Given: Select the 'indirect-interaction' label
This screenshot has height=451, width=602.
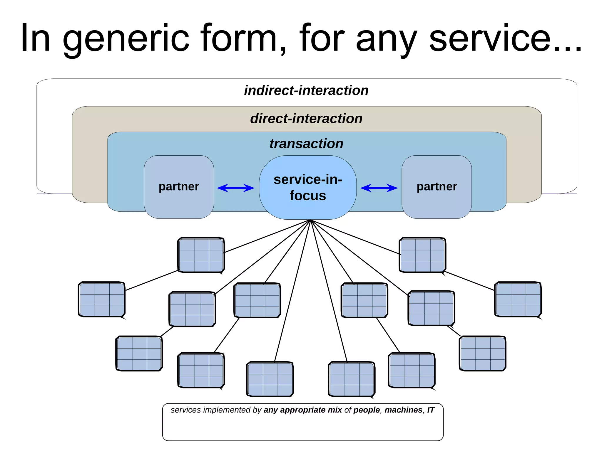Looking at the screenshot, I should coord(306,90).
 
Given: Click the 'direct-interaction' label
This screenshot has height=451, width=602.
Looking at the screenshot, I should coord(306,119).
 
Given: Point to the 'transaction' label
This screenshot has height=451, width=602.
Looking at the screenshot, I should coord(306,144).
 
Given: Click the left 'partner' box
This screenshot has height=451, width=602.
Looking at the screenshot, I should coord(179,187).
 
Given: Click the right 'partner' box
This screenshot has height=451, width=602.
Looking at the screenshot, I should coord(437,187).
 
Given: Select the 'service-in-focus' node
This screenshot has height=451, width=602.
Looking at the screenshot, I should coord(308,187).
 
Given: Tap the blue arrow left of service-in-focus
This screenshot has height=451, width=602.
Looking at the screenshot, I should coord(236,188).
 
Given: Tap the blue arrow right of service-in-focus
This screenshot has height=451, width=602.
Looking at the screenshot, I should coord(379,188).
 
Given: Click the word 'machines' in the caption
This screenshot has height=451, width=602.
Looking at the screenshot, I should coord(403,410).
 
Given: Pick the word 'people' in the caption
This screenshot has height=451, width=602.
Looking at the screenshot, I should coord(367,410).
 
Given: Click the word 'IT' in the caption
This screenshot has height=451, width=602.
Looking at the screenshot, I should coord(431,410).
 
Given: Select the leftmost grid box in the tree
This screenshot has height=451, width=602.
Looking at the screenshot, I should coord(102,299).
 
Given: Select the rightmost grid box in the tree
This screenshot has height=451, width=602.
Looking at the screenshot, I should coord(518,299).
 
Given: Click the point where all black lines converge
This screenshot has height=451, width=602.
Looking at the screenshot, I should coord(310,220).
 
